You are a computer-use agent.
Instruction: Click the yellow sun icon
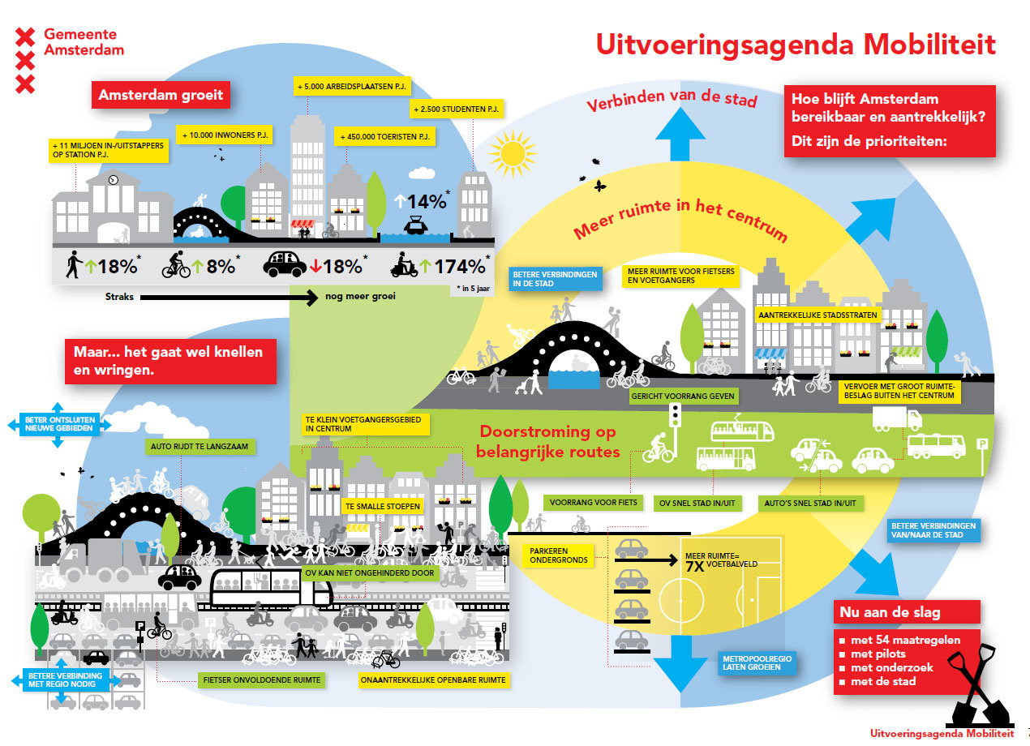coord(513,151)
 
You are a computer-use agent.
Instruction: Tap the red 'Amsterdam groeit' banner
coord(161,95)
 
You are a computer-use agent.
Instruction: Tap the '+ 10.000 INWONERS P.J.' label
coord(225,134)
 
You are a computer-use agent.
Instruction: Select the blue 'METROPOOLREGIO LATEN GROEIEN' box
coord(756,662)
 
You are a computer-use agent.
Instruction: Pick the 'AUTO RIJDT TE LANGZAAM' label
coord(201,446)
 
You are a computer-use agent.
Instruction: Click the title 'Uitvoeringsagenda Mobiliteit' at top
coord(795,44)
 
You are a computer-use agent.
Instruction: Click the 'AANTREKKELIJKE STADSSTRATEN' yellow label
coord(817,315)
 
